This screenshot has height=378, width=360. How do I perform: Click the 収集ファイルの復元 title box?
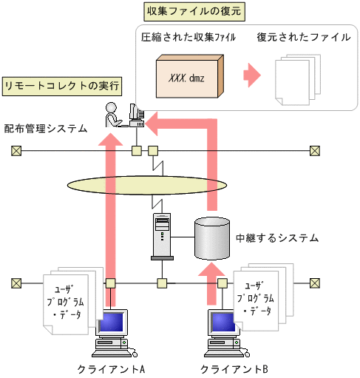[194, 12]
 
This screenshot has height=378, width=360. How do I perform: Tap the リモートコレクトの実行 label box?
[62, 86]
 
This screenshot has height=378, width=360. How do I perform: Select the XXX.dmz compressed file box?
[190, 76]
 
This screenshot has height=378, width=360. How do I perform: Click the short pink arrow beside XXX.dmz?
[252, 75]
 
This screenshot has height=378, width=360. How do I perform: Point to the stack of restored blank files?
[298, 80]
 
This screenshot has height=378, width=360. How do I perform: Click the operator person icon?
[113, 115]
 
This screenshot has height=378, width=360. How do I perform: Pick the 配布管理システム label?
[46, 129]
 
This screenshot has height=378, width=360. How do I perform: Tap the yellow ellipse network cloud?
[147, 185]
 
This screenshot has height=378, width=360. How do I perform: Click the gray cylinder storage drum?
[212, 238]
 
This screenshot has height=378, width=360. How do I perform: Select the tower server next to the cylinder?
[162, 237]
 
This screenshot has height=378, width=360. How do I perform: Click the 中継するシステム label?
[277, 238]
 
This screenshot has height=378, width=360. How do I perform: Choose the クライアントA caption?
[111, 369]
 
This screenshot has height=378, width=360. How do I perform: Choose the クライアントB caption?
[234, 369]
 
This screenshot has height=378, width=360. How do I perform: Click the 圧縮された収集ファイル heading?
[189, 37]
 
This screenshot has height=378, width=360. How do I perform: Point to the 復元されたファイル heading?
[304, 37]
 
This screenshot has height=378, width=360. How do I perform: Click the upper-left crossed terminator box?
[16, 151]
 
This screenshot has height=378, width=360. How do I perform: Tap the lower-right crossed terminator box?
[315, 283]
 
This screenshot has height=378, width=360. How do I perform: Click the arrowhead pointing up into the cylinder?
[211, 269]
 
